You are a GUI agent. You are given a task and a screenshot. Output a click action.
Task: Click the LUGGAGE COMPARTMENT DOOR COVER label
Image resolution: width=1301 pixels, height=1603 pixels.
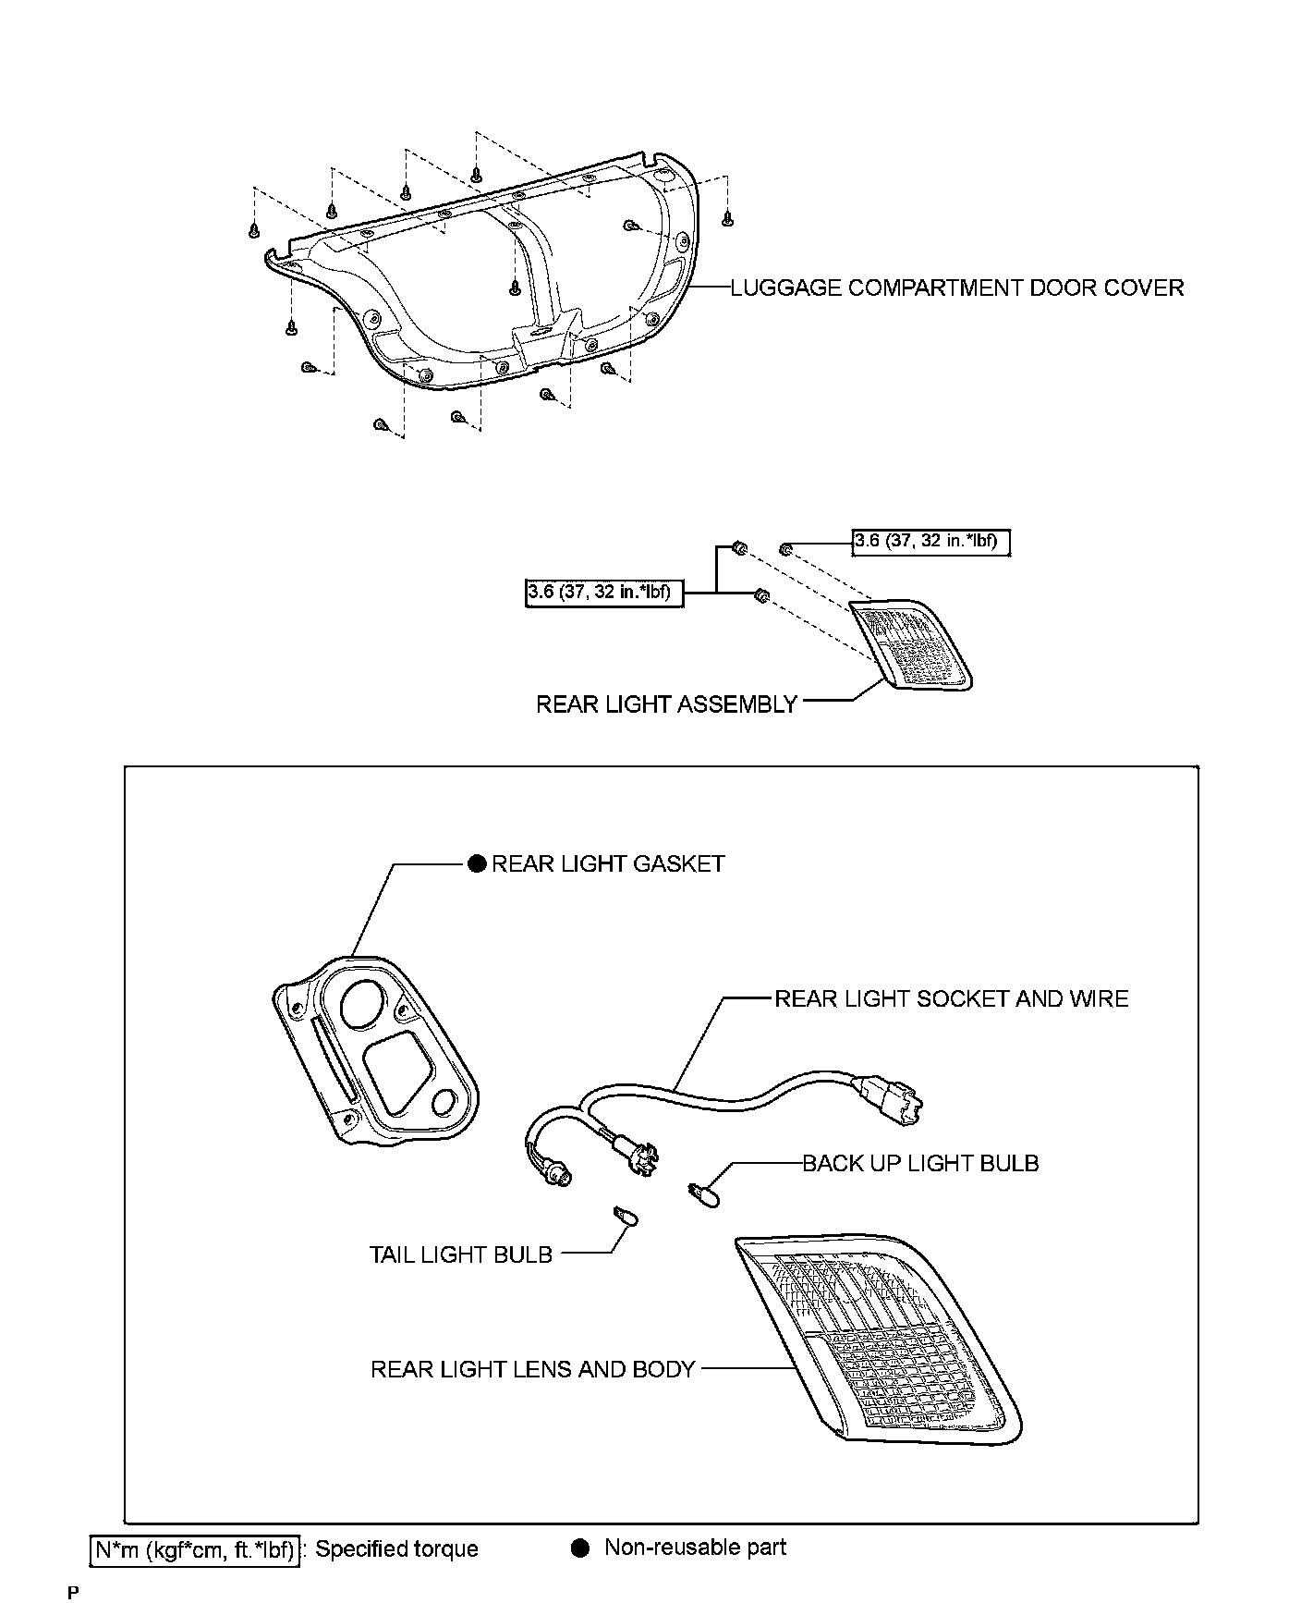(x=956, y=288)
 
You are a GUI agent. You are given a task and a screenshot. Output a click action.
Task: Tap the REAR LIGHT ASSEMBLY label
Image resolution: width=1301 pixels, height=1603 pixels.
(x=666, y=704)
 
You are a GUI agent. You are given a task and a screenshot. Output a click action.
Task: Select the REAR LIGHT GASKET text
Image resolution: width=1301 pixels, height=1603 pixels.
(x=608, y=863)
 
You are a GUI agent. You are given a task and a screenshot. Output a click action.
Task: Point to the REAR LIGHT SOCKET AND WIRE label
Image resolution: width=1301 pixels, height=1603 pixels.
(x=951, y=998)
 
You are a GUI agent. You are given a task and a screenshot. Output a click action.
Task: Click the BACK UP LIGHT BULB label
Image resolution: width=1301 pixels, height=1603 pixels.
(x=920, y=1163)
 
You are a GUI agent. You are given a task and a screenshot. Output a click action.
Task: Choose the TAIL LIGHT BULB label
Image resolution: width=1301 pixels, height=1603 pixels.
(x=460, y=1254)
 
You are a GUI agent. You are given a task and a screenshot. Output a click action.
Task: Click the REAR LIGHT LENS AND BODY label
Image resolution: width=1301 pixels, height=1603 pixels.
(x=532, y=1369)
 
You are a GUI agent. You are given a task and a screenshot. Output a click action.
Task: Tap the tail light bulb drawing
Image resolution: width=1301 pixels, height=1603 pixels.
(x=626, y=1217)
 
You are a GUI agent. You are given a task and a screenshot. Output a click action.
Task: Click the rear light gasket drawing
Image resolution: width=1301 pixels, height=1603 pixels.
(x=374, y=1054)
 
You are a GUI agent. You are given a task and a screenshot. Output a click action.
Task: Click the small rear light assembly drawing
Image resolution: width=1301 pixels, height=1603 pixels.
(x=910, y=643)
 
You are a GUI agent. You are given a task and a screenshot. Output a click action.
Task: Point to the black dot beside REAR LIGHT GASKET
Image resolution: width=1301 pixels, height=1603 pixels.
(x=477, y=863)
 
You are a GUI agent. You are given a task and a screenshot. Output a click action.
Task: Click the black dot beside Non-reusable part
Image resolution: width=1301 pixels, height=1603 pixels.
(x=580, y=1548)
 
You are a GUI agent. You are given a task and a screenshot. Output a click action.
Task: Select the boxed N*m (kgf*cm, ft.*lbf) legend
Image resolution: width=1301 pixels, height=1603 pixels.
(x=195, y=1549)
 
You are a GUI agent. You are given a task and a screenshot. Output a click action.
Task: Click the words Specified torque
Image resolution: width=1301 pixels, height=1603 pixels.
(x=397, y=1549)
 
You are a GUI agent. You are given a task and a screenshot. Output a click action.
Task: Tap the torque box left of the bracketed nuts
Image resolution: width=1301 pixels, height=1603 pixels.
(x=604, y=593)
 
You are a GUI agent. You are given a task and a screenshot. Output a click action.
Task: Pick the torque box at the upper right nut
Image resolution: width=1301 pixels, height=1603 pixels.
(x=930, y=542)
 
